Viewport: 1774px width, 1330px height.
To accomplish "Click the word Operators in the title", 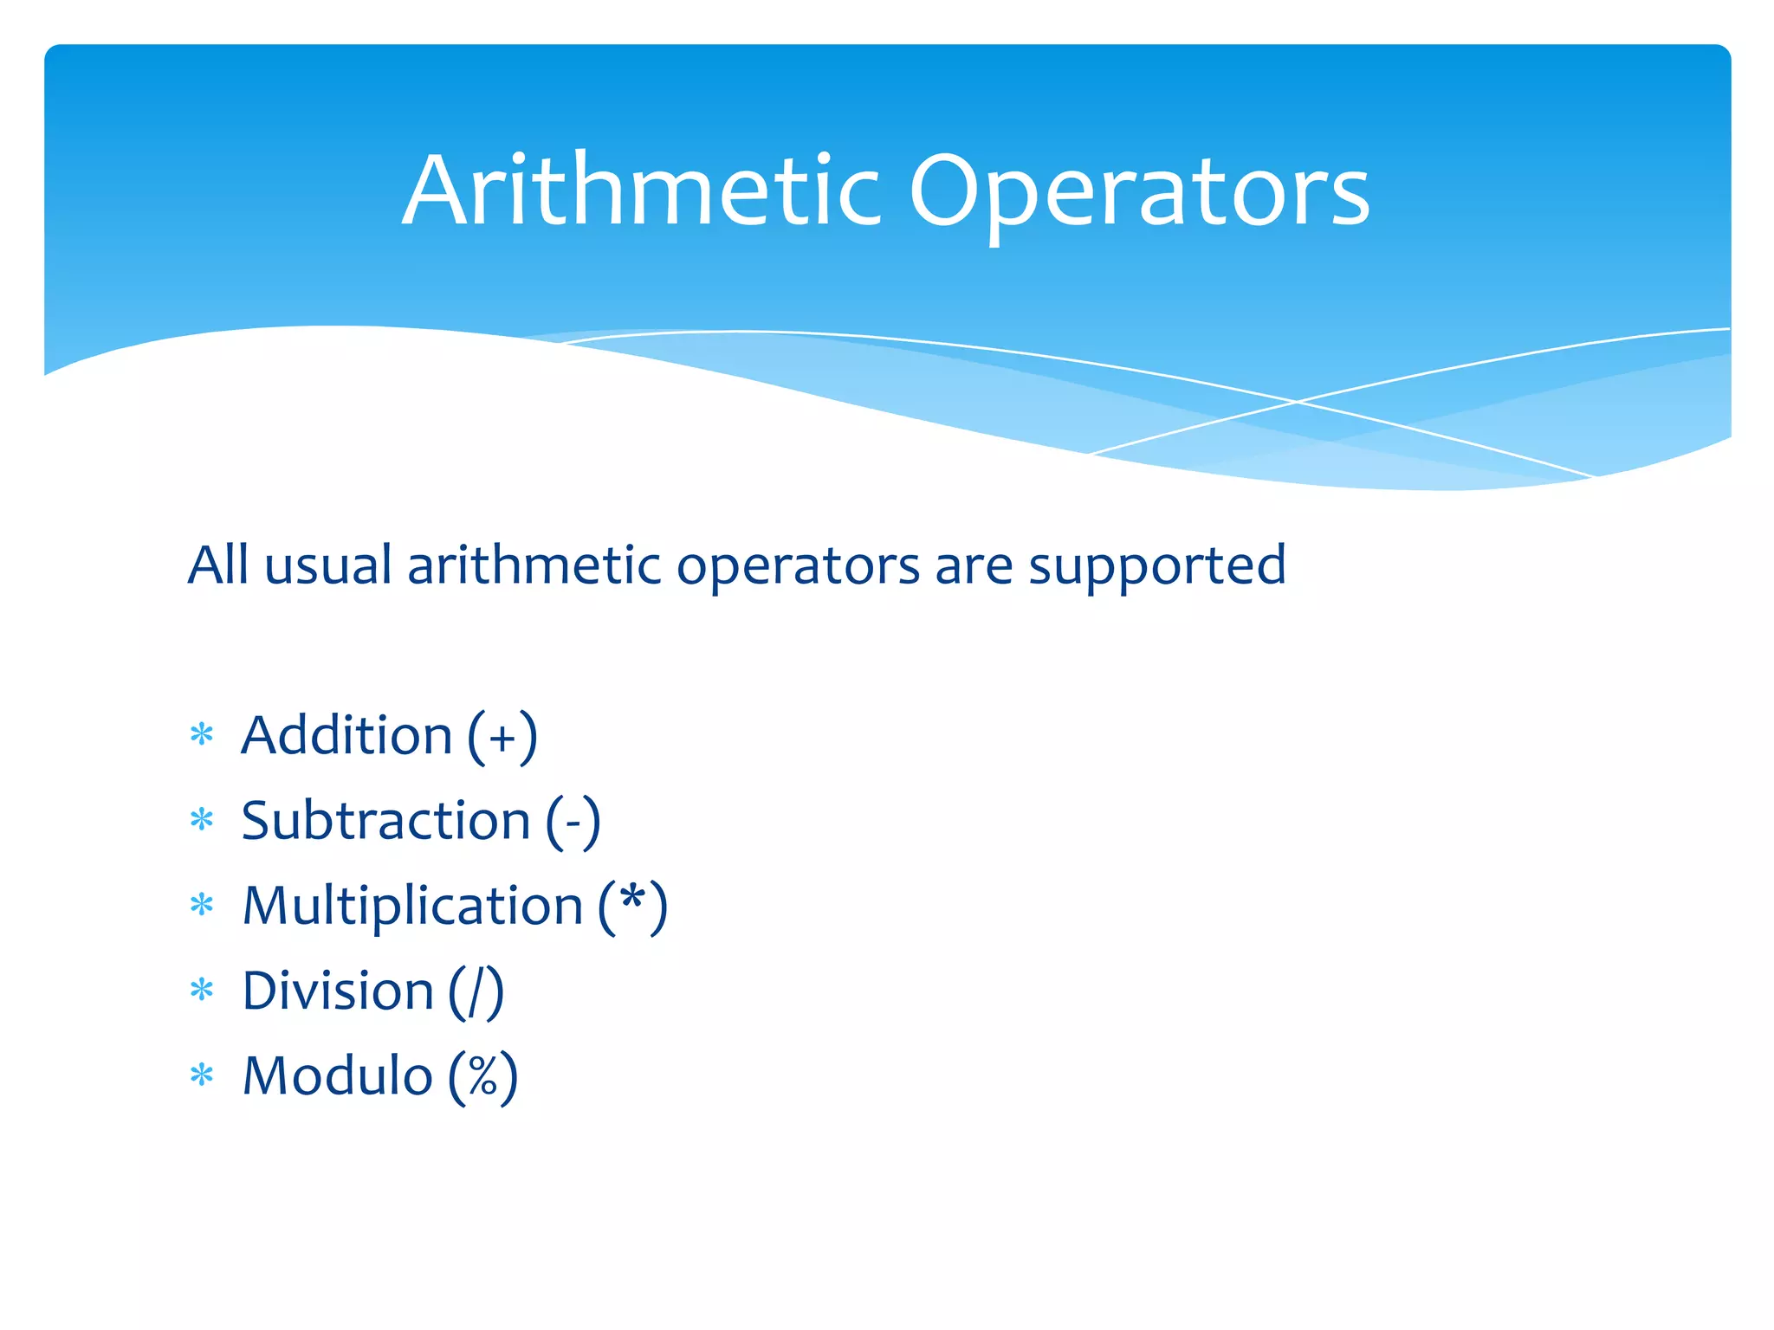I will click(1138, 192).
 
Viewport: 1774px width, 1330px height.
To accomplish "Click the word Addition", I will click(346, 736).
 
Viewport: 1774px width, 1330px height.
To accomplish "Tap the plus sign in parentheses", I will click(502, 739).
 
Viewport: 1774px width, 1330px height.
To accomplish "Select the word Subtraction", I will click(385, 821).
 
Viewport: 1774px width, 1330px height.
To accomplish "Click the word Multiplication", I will click(412, 906).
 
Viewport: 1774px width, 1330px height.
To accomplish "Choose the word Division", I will click(338, 991).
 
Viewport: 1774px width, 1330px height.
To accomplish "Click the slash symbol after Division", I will click(476, 992).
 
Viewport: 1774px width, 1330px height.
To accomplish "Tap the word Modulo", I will click(338, 1075).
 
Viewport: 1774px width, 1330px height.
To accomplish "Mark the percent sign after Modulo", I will click(482, 1076).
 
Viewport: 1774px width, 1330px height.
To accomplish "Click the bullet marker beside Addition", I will click(202, 735).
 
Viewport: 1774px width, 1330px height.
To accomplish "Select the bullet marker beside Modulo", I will click(202, 1075).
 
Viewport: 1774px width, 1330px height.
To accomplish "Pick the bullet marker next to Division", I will click(202, 990).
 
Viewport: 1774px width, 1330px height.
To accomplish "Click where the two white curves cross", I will click(1297, 402).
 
